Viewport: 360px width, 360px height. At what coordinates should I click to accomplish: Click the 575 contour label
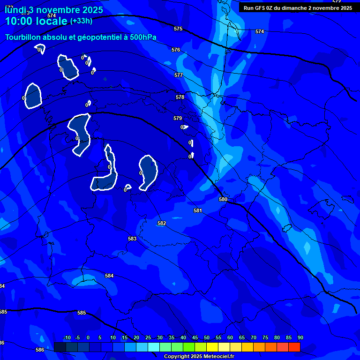(178, 29)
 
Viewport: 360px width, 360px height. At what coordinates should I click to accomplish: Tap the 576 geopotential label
(176, 50)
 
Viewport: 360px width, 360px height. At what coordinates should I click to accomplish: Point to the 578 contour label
(180, 97)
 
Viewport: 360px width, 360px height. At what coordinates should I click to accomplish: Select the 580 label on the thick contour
(223, 199)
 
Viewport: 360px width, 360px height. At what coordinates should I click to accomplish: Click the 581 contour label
(198, 211)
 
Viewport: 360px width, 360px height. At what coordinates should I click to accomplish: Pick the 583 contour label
(132, 239)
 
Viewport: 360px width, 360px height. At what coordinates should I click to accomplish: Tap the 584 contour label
(109, 276)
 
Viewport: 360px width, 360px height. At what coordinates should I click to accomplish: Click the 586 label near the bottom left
(40, 350)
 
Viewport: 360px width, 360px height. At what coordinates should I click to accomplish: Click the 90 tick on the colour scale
(300, 338)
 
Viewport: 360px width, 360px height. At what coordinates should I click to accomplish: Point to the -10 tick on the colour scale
(67, 338)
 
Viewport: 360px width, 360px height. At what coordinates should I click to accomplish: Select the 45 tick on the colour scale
(195, 338)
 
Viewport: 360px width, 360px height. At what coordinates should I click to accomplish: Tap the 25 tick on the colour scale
(148, 338)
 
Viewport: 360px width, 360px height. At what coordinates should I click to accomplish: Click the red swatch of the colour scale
(294, 347)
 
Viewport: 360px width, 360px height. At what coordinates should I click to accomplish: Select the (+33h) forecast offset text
(81, 21)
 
